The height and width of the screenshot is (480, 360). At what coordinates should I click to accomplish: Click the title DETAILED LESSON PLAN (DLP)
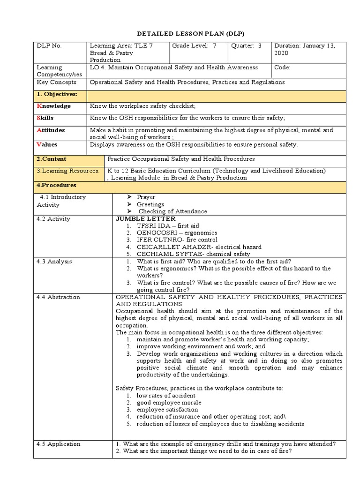click(x=184, y=34)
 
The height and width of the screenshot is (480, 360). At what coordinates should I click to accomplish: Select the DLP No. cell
click(x=49, y=46)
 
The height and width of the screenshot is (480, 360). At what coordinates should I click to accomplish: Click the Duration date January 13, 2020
click(x=305, y=50)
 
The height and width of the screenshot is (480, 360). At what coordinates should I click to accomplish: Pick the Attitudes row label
click(x=51, y=130)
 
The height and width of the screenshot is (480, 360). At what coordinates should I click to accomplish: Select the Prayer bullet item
click(x=146, y=197)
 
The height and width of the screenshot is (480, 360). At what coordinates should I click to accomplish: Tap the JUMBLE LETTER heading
click(x=145, y=219)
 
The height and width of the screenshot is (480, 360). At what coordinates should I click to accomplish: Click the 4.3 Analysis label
click(x=54, y=262)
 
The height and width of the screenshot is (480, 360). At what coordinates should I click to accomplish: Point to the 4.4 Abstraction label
click(x=58, y=297)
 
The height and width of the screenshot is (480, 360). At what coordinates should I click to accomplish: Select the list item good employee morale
click(x=169, y=403)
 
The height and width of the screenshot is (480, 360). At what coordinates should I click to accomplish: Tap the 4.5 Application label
click(x=59, y=444)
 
